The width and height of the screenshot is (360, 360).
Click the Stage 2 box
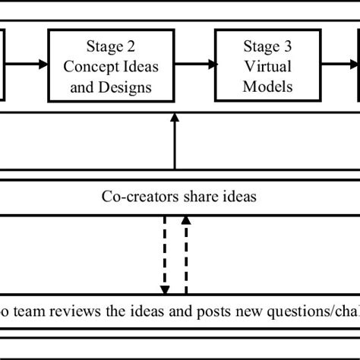pos(111,66)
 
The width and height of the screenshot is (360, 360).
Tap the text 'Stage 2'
pos(111,48)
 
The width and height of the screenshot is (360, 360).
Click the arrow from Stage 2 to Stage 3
pos(194,65)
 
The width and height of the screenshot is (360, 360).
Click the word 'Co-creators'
pos(135,197)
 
